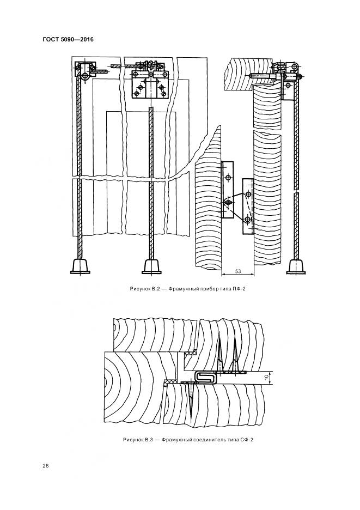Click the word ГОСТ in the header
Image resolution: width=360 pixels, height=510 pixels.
tap(51, 40)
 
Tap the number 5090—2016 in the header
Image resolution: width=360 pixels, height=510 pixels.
tap(77, 40)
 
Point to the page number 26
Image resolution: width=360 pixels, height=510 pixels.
tap(46, 466)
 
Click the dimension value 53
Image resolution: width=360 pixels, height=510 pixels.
tap(237, 271)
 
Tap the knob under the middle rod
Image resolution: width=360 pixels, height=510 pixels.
tap(151, 266)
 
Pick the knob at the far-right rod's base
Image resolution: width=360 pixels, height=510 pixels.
tap(296, 266)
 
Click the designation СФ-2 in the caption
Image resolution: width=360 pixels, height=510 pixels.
tap(247, 440)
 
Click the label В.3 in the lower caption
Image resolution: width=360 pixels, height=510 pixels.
tap(149, 440)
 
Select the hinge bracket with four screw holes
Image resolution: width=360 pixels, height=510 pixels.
tap(150, 84)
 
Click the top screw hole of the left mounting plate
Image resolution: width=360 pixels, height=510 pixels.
tap(228, 177)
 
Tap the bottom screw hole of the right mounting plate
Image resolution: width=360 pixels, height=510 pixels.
tap(248, 220)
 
